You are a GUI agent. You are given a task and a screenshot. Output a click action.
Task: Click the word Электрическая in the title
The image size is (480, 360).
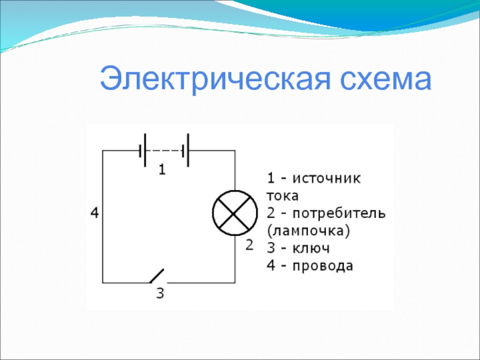click(215, 80)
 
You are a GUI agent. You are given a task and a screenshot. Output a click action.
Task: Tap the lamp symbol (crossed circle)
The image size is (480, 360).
click(235, 213)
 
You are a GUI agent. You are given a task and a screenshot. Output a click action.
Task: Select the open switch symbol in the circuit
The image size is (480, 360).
click(157, 276)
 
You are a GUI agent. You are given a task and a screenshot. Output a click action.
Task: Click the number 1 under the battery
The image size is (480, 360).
click(162, 169)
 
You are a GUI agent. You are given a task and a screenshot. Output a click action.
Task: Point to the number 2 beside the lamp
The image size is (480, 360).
click(250, 245)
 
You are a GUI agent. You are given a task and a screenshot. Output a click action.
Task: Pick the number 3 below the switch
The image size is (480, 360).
click(160, 293)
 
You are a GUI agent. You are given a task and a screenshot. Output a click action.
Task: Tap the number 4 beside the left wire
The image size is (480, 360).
click(95, 213)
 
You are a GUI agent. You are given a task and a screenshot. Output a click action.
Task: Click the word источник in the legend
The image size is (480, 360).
click(326, 178)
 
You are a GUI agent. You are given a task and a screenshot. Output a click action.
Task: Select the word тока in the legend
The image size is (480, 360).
click(283, 196)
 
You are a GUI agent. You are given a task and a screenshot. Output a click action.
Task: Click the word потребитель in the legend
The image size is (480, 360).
click(339, 213)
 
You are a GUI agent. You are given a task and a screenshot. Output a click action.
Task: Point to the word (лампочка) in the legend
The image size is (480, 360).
click(308, 231)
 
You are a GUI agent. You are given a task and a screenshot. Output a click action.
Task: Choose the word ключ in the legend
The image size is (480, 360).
click(311, 248)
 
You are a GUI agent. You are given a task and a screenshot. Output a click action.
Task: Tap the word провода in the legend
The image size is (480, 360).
click(323, 266)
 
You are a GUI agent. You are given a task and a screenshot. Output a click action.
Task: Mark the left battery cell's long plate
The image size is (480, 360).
click(145, 151)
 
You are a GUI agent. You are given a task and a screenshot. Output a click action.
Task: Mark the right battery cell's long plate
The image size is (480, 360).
click(188, 151)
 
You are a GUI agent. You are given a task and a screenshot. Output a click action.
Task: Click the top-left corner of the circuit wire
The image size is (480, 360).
click(103, 151)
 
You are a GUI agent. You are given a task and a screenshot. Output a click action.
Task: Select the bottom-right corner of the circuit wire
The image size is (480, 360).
click(235, 283)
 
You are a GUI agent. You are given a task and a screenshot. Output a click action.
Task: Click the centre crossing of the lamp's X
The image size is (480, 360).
click(235, 213)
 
